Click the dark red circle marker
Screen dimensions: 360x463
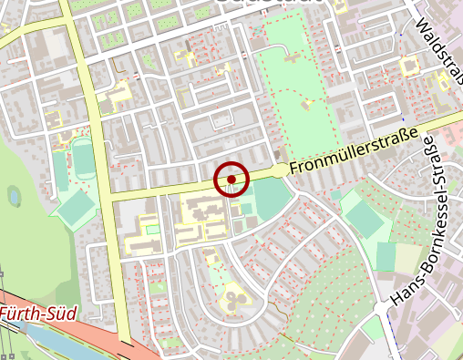(231, 179)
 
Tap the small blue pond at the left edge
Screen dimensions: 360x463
(14, 195)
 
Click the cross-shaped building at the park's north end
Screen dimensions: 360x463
(293, 56)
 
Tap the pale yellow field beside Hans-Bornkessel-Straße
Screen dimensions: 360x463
(407, 259)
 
